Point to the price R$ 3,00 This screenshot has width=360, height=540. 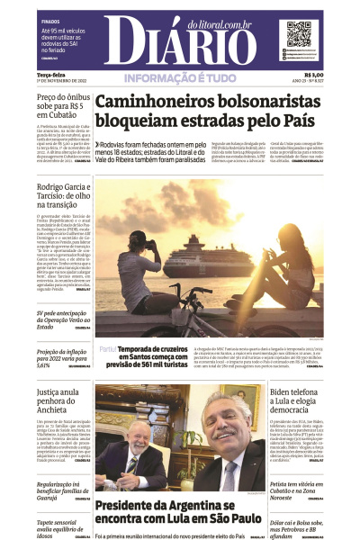pyautogui.click(x=314, y=76)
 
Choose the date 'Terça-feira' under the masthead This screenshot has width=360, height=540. pyautogui.click(x=49, y=76)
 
